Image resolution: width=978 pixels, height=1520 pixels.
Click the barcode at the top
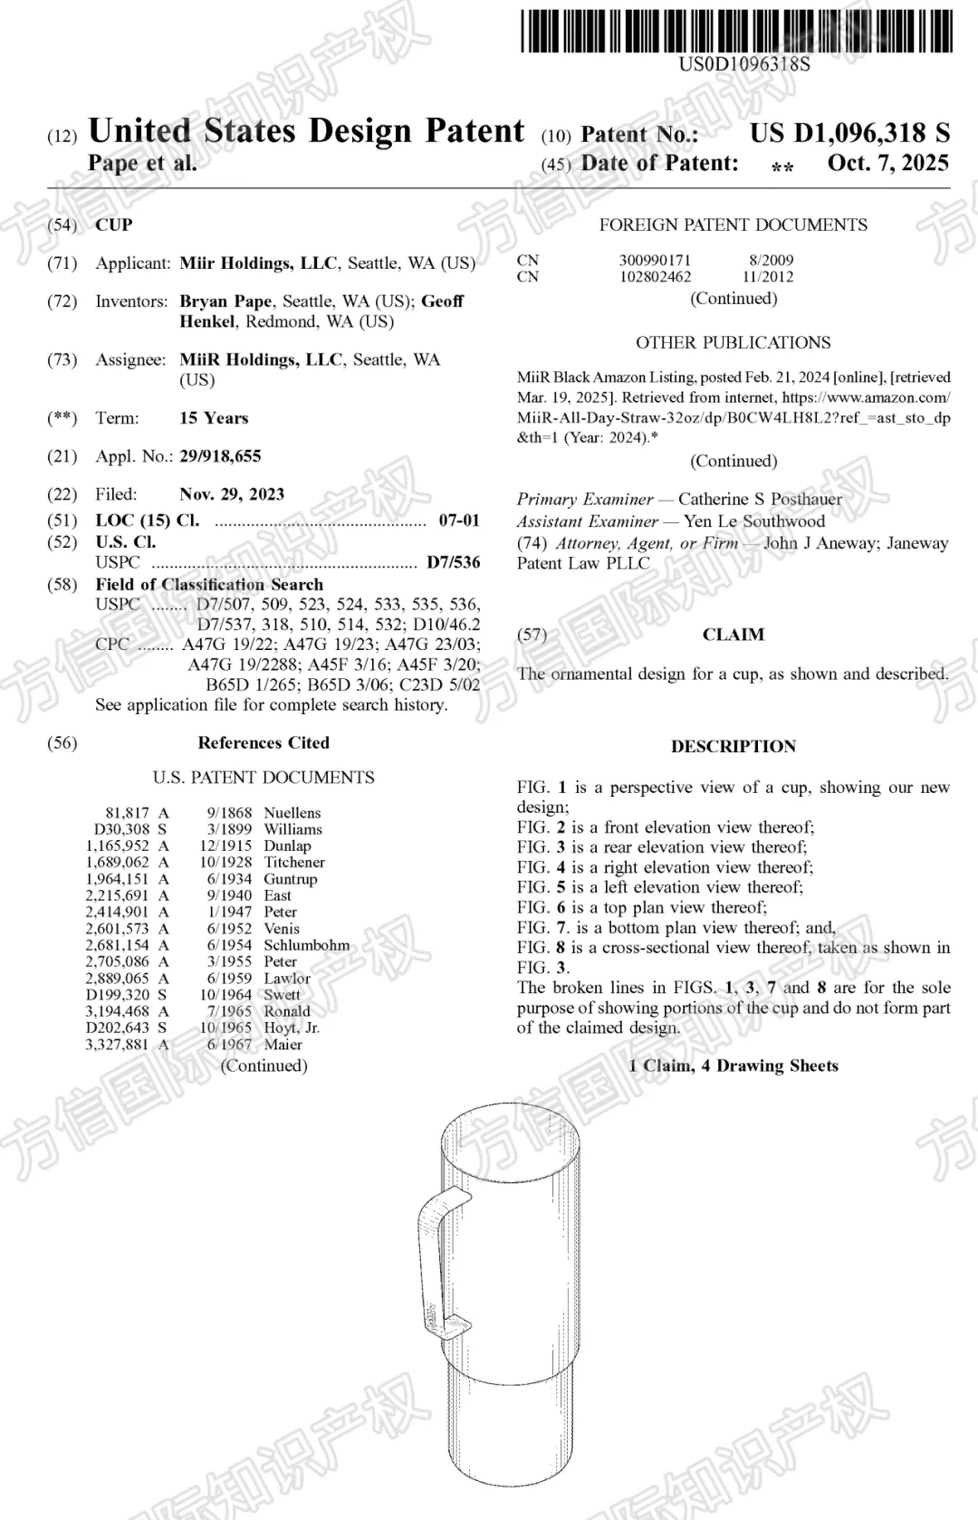pos(736,30)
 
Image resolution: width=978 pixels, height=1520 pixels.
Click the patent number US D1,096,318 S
pos(849,133)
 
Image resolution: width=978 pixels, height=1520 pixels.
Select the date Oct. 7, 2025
pos(887,164)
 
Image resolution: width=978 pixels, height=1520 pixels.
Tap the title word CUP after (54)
pos(114,225)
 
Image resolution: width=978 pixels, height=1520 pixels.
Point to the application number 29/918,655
pos(220,456)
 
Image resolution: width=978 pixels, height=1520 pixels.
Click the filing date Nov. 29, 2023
pos(232,494)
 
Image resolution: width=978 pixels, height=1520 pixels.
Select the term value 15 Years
pos(214,418)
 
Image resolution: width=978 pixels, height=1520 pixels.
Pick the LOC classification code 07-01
pos(459,521)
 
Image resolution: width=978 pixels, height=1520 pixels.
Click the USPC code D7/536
pos(454,563)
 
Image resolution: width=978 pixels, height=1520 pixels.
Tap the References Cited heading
pos(264,743)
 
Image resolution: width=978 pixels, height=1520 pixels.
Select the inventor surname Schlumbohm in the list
pos(306,945)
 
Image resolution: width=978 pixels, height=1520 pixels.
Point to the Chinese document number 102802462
pos(655,277)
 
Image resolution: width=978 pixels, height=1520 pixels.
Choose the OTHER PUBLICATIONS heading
pos(733,343)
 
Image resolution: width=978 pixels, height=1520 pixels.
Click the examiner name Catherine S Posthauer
pos(760,499)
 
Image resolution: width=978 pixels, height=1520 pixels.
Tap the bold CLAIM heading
pos(733,635)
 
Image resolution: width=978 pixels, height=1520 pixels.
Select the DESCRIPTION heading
pos(733,747)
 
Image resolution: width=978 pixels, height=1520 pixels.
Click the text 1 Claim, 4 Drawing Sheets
pos(733,1066)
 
